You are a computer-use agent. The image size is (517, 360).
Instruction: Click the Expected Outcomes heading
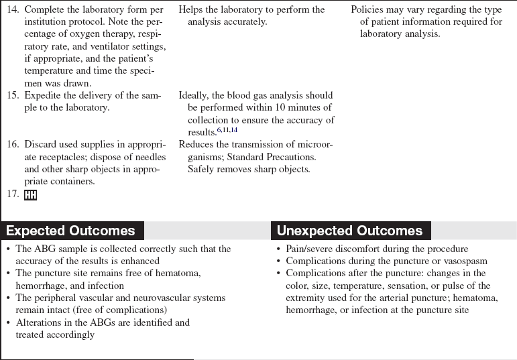(x=70, y=231)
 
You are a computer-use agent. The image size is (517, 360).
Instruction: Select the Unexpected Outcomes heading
(x=349, y=231)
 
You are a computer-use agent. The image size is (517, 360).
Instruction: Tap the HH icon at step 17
(x=30, y=195)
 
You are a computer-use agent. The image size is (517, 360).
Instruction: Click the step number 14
(x=13, y=10)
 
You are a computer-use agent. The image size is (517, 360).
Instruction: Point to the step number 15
(x=13, y=96)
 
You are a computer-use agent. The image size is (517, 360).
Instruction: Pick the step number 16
(x=13, y=145)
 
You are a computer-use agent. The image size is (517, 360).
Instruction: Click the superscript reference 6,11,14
(x=226, y=130)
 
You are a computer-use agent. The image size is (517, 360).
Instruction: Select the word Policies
(x=368, y=10)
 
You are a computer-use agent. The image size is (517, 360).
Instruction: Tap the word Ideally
(x=195, y=96)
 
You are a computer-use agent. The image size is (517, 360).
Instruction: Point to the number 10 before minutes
(x=276, y=108)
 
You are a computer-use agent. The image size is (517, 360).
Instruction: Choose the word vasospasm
(x=463, y=261)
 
